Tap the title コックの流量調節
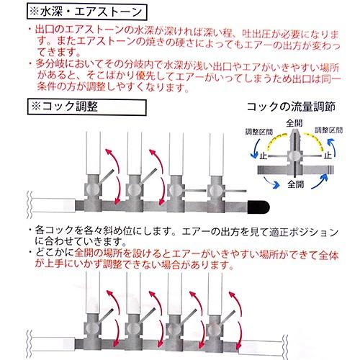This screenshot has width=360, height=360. point(290,105)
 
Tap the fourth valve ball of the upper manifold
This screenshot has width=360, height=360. point(213,190)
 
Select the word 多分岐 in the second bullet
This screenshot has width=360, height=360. point(45,63)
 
